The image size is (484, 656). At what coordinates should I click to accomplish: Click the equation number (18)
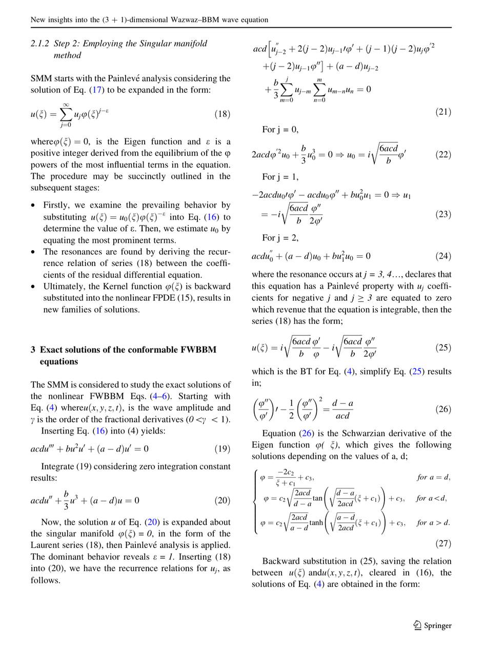pos(222,114)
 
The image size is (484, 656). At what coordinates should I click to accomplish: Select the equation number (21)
pos(443,111)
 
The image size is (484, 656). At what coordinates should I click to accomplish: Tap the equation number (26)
pos(443,409)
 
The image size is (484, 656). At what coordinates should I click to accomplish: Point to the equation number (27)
pos(443,543)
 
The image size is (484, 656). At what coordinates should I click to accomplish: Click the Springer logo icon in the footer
pos(417,625)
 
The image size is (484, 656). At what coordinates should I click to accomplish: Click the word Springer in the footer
pos(438,625)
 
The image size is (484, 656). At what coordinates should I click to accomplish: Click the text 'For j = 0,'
pos(280,129)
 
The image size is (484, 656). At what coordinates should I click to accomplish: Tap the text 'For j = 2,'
pos(280,238)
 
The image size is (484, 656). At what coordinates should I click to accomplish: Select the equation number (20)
pos(222,500)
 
